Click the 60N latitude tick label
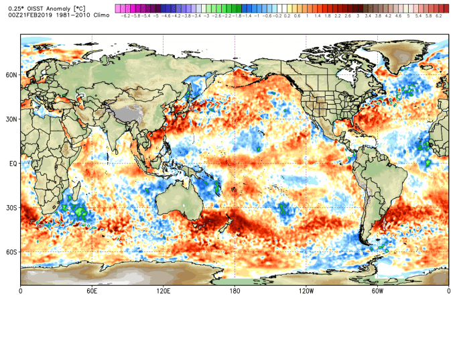11,75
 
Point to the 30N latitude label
11,119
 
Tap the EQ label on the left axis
13,164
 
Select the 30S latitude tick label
11,208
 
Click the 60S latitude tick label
11,252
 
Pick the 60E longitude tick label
92,291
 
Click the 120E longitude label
163,291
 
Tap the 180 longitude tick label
235,291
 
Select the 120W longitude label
306,291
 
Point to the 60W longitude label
377,291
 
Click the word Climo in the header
101,14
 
